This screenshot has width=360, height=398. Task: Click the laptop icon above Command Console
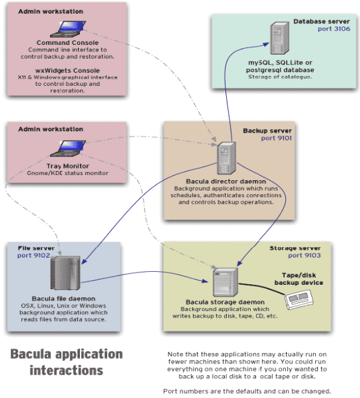pos(68,29)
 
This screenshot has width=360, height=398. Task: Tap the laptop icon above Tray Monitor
pos(68,148)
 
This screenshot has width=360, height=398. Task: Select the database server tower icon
pos(279,38)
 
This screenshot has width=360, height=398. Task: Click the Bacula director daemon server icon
pos(226,158)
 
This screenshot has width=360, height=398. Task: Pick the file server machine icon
pos(66,273)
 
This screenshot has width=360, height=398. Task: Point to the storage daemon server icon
pos(225,282)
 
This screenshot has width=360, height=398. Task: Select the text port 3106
pos(334,29)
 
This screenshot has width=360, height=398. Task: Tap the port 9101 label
pos(276,138)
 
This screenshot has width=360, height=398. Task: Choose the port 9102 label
pos(34,256)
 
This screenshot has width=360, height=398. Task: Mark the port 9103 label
pos(304,256)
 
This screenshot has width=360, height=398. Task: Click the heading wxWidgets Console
pos(68,71)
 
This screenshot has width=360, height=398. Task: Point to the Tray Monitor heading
pos(68,166)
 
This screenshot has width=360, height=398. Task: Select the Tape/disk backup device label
pos(299,279)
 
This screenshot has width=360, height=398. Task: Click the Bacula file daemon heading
pos(64,298)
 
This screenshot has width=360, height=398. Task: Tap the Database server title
pos(322,21)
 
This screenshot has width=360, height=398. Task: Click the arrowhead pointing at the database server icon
pos(266,44)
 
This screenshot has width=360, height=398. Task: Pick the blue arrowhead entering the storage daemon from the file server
pos(205,281)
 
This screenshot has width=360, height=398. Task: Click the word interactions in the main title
pos(66,370)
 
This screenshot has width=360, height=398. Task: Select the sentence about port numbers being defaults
pos(247,391)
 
